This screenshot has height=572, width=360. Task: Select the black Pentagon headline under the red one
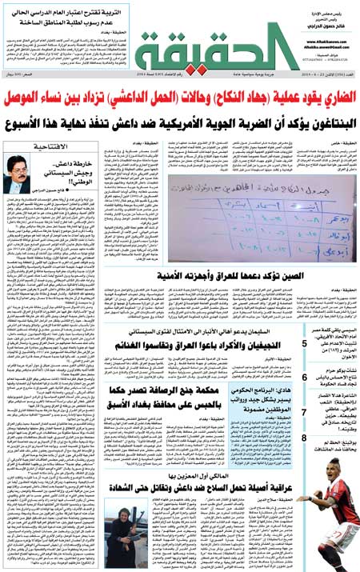(180, 124)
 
